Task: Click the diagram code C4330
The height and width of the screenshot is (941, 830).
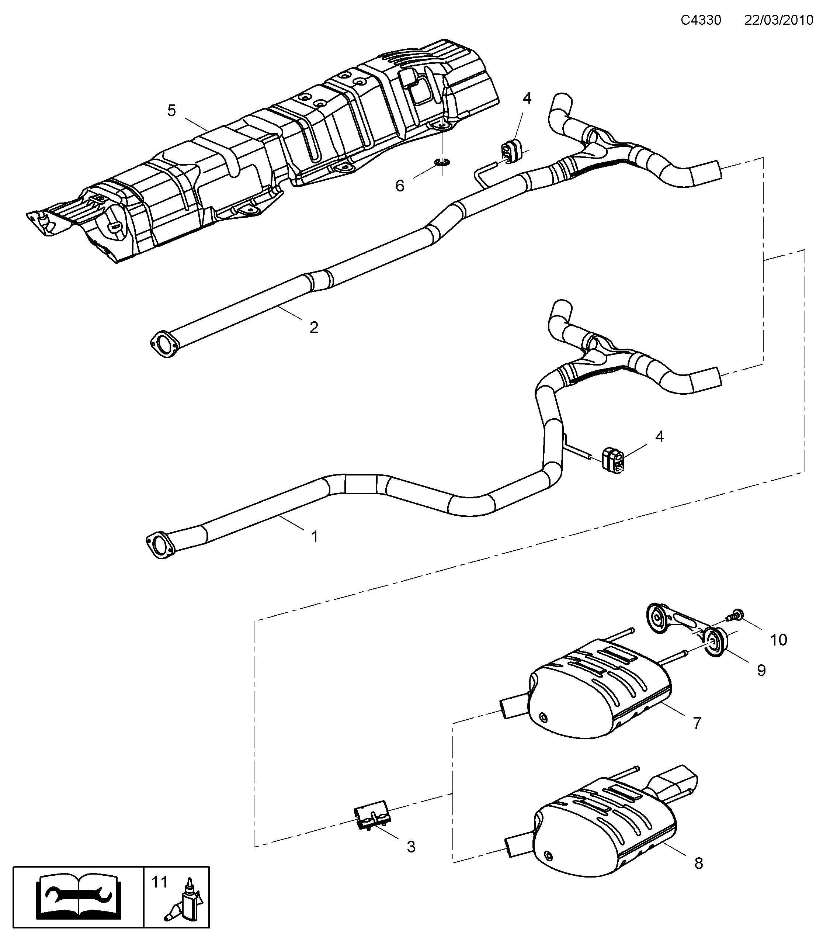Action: coord(701,20)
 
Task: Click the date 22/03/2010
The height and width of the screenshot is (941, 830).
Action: coord(779,20)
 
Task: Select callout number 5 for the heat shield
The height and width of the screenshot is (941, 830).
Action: coord(171,111)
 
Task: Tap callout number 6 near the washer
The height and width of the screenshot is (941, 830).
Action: coord(400,186)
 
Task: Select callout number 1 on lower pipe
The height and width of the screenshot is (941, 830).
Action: coord(315,537)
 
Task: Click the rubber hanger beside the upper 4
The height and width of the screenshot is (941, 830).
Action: coord(508,152)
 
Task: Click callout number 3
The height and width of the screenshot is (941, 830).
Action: coord(411,847)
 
